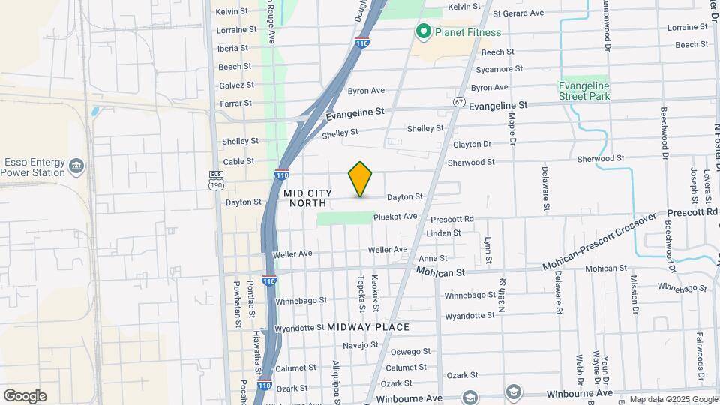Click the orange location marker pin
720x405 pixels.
[361, 179]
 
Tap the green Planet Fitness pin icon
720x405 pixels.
[423, 31]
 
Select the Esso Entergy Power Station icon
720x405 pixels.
[76, 166]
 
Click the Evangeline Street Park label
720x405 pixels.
[584, 91]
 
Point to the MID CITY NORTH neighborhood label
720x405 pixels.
[308, 198]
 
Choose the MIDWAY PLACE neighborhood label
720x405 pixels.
[368, 327]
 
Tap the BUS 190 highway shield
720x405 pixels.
[217, 179]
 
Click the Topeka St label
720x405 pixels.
[361, 287]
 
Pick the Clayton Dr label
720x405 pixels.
[472, 144]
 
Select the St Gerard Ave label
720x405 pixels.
[517, 13]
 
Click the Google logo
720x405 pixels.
[25, 395]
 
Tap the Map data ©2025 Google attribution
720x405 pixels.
[673, 399]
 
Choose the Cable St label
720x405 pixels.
[238, 161]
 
